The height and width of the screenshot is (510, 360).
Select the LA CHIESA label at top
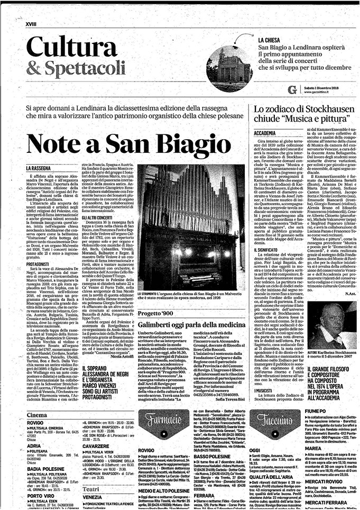(271, 40)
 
